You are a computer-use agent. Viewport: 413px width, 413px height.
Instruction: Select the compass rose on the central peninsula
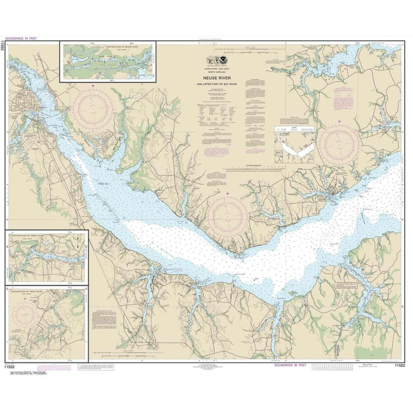point(228,216)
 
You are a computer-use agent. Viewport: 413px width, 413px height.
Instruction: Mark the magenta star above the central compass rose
point(227,193)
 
